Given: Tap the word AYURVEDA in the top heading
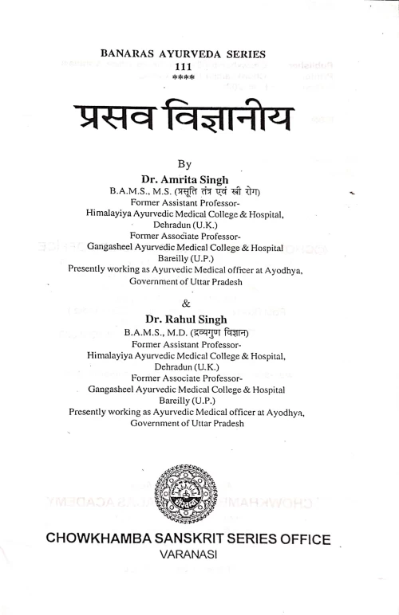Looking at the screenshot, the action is pyautogui.click(x=191, y=56).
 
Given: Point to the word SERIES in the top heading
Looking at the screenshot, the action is pyautogui.click(x=251, y=56).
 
